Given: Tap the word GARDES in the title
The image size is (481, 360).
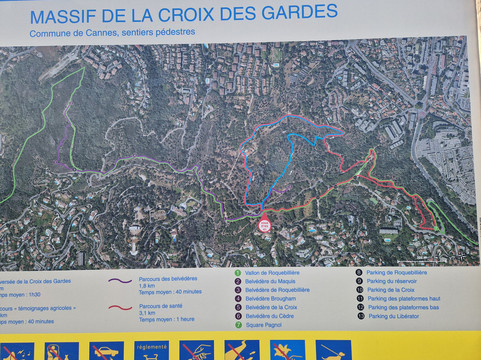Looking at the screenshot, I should (x=298, y=12).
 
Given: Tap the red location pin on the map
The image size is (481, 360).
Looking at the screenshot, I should (x=264, y=226).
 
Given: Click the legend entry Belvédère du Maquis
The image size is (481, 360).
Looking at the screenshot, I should (x=272, y=281).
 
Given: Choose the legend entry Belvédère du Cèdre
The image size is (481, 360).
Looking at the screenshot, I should (x=272, y=315).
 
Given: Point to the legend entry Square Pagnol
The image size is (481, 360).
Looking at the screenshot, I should (x=266, y=324).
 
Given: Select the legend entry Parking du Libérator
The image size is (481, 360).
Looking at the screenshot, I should (x=396, y=316).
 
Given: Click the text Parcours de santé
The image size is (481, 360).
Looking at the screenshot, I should (x=163, y=306).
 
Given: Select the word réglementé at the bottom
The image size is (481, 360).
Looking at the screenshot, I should (x=152, y=347).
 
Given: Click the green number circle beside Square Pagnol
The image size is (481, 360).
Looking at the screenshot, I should (x=238, y=324).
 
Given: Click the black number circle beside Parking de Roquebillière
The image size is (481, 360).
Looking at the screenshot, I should (x=359, y=272).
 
